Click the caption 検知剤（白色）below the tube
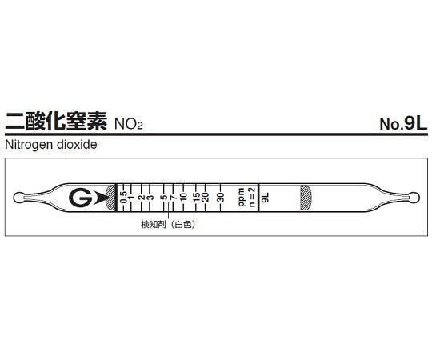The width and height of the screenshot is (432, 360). pos(169,225)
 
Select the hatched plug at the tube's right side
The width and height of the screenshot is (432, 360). pos(305,197)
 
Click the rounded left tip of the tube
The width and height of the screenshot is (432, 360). pos(22,197)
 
